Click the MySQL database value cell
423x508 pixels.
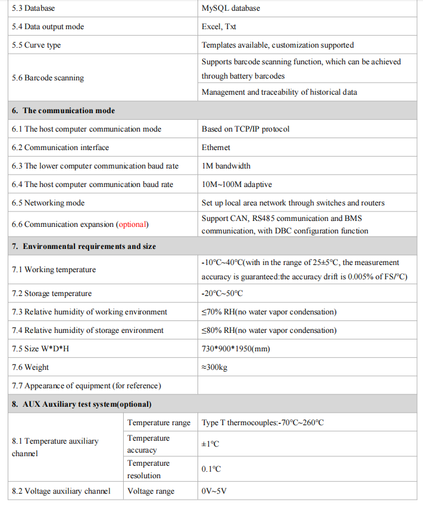point(231,8)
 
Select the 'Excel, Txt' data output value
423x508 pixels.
point(219,27)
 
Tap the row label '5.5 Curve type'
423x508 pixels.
point(36,45)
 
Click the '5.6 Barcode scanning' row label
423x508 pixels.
point(48,78)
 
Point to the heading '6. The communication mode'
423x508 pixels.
point(63,111)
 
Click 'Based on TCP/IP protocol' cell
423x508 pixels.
point(246,129)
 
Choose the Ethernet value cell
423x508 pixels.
point(216,148)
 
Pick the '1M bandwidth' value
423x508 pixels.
point(226,166)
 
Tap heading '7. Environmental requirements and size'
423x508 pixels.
point(84,247)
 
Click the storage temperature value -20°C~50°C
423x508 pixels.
point(223,294)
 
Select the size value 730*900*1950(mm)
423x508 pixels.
point(236,349)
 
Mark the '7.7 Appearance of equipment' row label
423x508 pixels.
point(86,386)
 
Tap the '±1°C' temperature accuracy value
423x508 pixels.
point(211,444)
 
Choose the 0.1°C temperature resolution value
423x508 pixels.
point(211,469)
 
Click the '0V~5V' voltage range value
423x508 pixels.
point(214,491)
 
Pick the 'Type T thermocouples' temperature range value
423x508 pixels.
point(262,423)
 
